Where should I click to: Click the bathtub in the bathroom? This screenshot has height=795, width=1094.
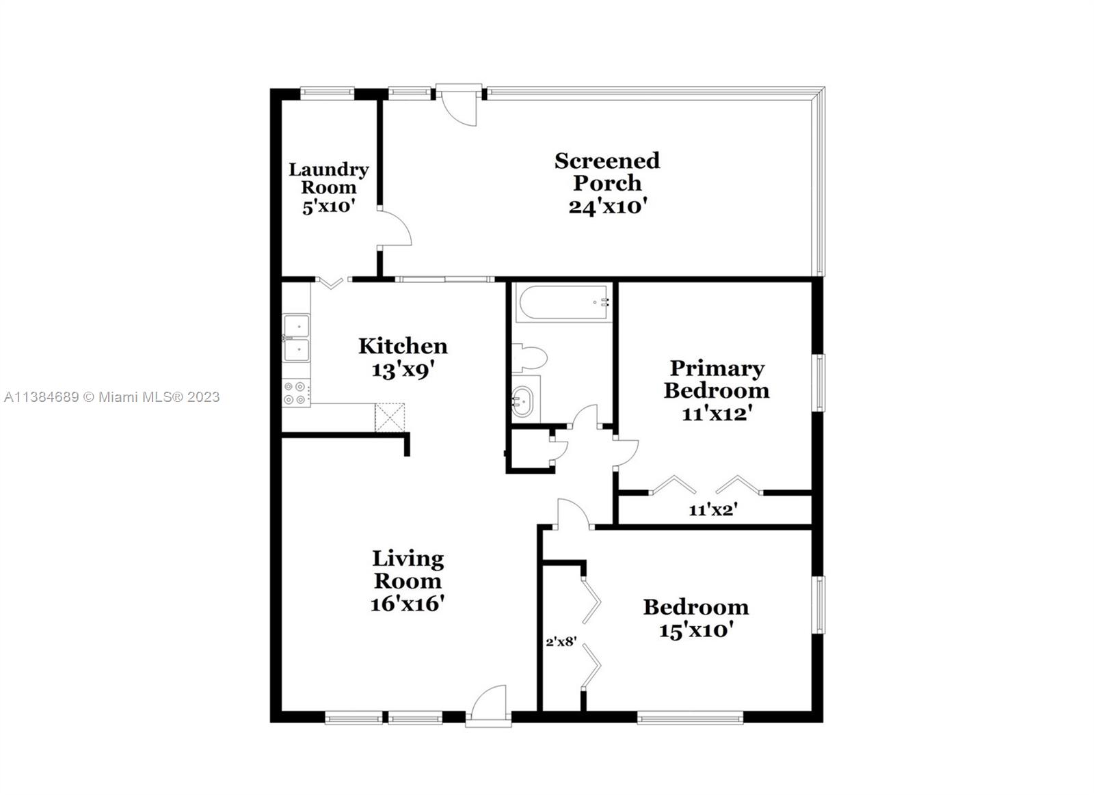[563, 304]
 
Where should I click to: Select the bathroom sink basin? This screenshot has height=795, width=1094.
[524, 400]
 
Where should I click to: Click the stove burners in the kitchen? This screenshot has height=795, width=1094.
[295, 393]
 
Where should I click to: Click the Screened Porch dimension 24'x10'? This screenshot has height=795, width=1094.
[607, 206]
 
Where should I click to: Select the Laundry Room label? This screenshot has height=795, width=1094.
[328, 178]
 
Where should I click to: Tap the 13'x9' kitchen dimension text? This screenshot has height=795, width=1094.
[403, 370]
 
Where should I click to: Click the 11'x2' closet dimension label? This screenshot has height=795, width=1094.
[712, 509]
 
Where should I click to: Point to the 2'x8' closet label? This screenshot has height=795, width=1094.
[561, 642]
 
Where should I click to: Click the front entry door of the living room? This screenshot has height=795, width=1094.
[488, 704]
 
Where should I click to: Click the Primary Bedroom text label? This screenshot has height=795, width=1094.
[716, 379]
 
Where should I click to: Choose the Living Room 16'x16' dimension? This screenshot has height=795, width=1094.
[408, 604]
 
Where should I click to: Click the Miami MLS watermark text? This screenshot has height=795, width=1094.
[111, 397]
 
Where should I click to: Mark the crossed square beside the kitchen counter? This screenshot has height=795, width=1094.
[390, 417]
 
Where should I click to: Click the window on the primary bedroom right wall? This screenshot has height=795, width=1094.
[818, 382]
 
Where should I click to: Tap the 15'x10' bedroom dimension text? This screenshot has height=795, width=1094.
[696, 630]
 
